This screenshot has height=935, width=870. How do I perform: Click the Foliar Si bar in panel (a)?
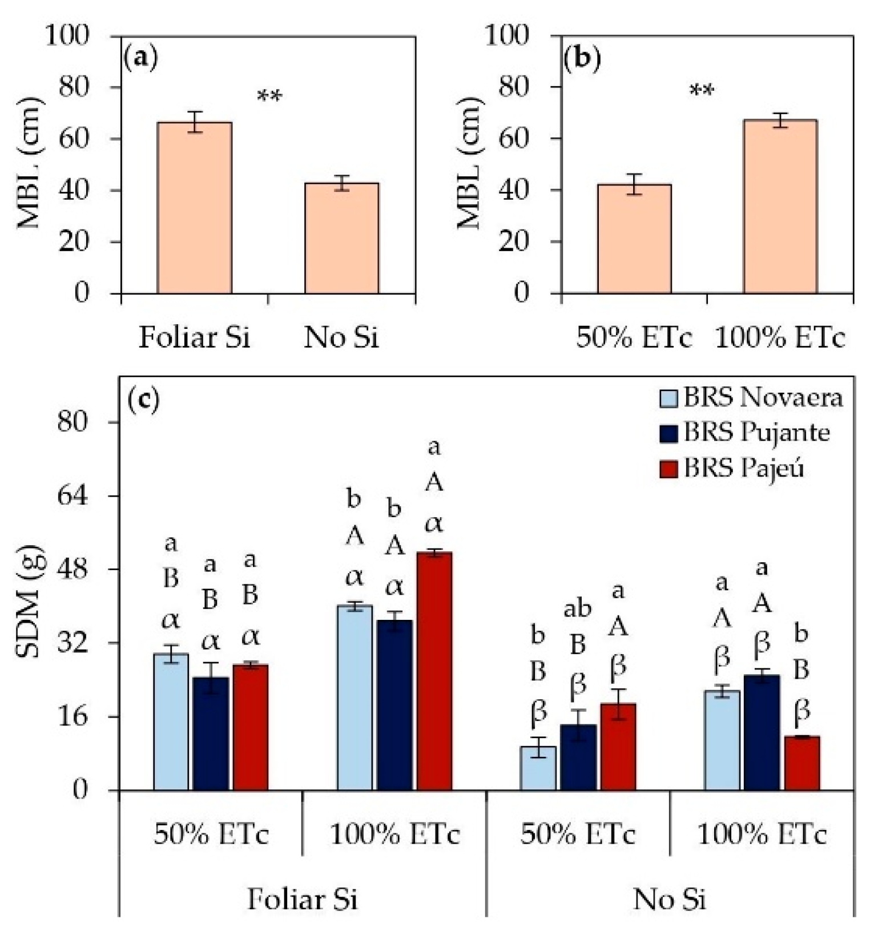pos(195,208)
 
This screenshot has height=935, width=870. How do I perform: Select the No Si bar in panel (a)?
pos(341,238)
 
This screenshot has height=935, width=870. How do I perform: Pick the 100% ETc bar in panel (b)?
pos(780,207)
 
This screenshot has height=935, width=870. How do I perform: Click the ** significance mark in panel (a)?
pos(269,98)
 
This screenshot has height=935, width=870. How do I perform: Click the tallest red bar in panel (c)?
pos(434,671)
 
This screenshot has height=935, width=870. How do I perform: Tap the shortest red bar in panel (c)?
pos(801,763)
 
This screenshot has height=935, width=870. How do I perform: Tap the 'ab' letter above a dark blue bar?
pos(577,610)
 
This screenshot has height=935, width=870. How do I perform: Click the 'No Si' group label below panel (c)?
pos(670,900)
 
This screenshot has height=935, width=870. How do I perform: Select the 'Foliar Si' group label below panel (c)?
pos(303,900)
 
